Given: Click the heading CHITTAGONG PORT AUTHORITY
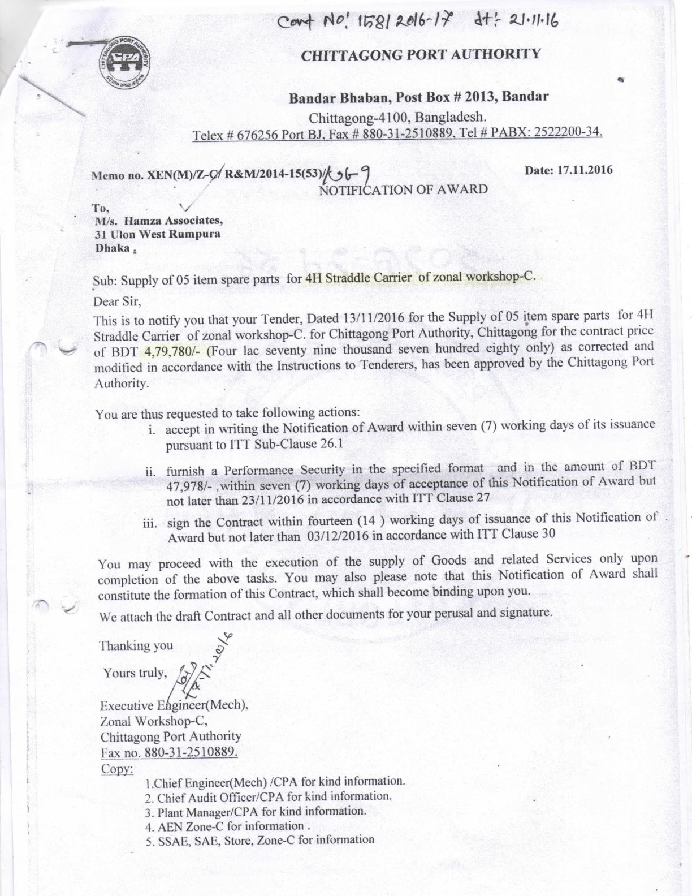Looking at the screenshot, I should pyautogui.click(x=421, y=55).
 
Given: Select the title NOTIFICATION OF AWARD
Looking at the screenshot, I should pyautogui.click(x=403, y=189).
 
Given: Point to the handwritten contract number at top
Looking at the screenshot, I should pyautogui.click(x=417, y=22).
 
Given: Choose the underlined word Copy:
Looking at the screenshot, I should pyautogui.click(x=117, y=769).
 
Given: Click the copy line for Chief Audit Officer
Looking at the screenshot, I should pyautogui.click(x=268, y=797).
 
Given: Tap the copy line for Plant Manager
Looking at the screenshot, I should pyautogui.click(x=255, y=812).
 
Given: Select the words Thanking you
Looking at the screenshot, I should pyautogui.click(x=136, y=645).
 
